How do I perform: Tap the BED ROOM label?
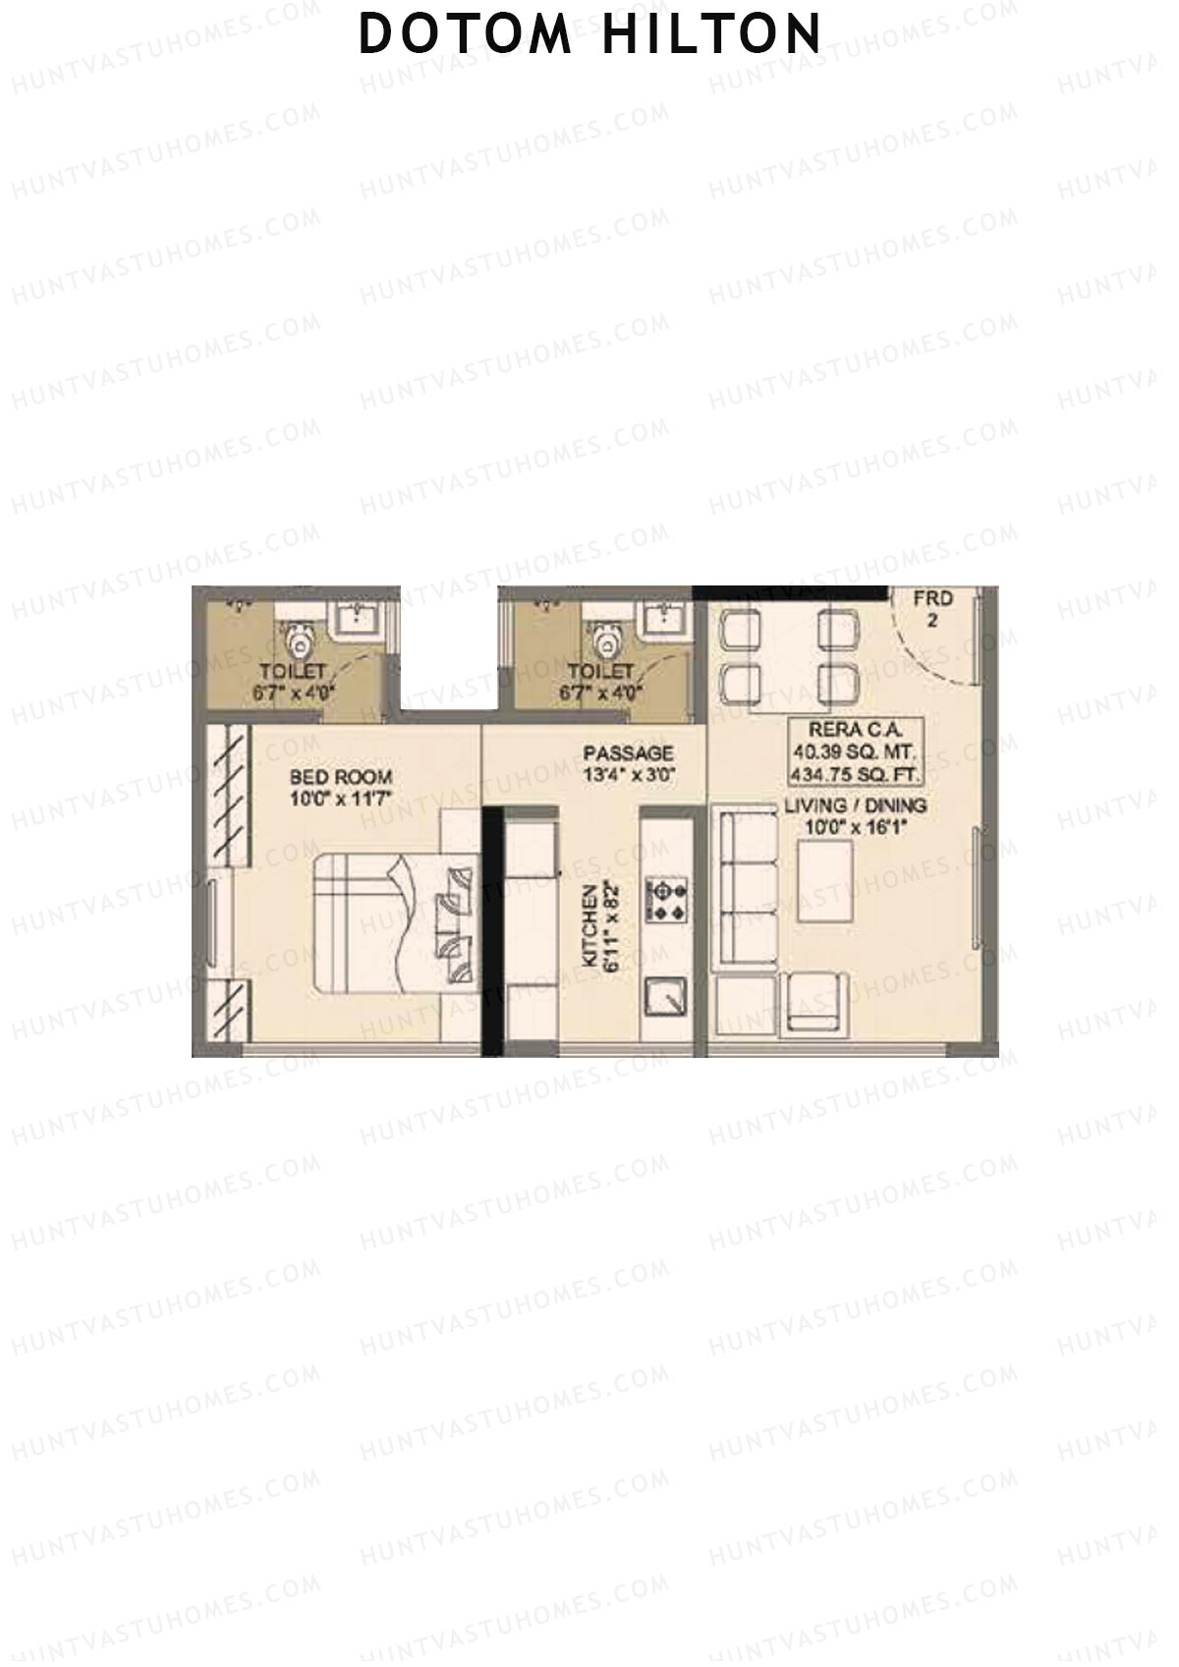340,777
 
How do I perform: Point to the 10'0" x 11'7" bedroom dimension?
340,799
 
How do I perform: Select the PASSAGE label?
628,753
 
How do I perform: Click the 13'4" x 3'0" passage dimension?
628,774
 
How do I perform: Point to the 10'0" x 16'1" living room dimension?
855,827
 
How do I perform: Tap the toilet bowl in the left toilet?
298,643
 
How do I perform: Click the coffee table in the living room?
824,881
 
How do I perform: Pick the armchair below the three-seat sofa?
815,1002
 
